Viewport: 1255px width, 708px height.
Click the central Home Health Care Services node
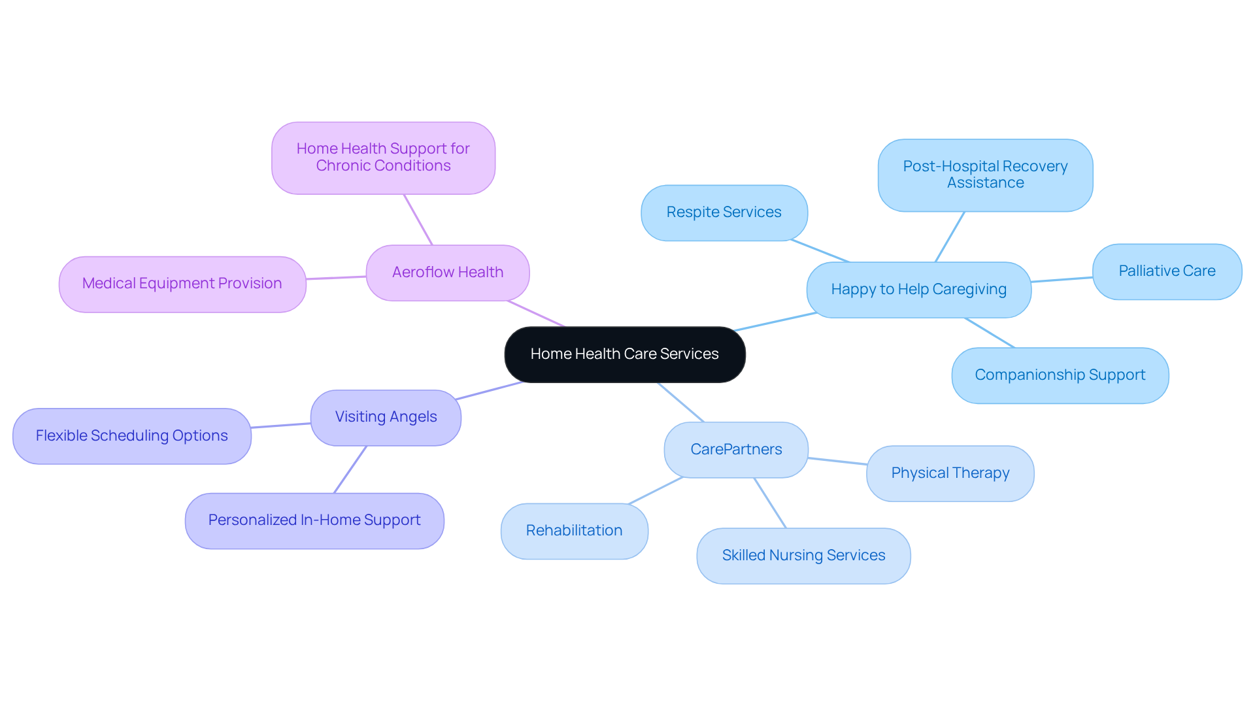click(624, 354)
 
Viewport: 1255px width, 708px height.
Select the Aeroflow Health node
click(448, 273)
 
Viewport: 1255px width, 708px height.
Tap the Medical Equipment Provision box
click(182, 284)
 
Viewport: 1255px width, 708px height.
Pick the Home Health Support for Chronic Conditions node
click(383, 158)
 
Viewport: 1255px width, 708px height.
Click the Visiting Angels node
click(386, 417)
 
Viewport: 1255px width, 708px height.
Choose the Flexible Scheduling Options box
click(131, 436)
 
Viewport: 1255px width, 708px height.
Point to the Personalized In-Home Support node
click(314, 520)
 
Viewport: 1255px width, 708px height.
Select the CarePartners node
click(736, 450)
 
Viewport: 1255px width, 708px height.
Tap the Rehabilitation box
click(574, 531)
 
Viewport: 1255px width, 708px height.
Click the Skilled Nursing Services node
click(803, 556)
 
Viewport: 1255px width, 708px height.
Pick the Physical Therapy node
click(950, 473)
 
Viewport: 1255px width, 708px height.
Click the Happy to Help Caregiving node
click(918, 290)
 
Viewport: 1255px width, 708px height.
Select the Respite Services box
click(724, 212)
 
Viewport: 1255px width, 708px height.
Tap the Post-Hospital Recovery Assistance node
click(985, 175)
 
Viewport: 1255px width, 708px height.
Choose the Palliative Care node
click(1167, 271)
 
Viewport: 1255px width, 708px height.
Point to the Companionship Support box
click(1060, 375)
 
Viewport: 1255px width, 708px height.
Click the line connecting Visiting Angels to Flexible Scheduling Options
click(281, 426)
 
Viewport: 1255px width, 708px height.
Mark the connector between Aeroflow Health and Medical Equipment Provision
click(336, 278)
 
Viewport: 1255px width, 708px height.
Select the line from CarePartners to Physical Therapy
click(837, 461)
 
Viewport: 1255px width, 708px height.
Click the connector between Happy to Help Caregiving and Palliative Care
click(1062, 280)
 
